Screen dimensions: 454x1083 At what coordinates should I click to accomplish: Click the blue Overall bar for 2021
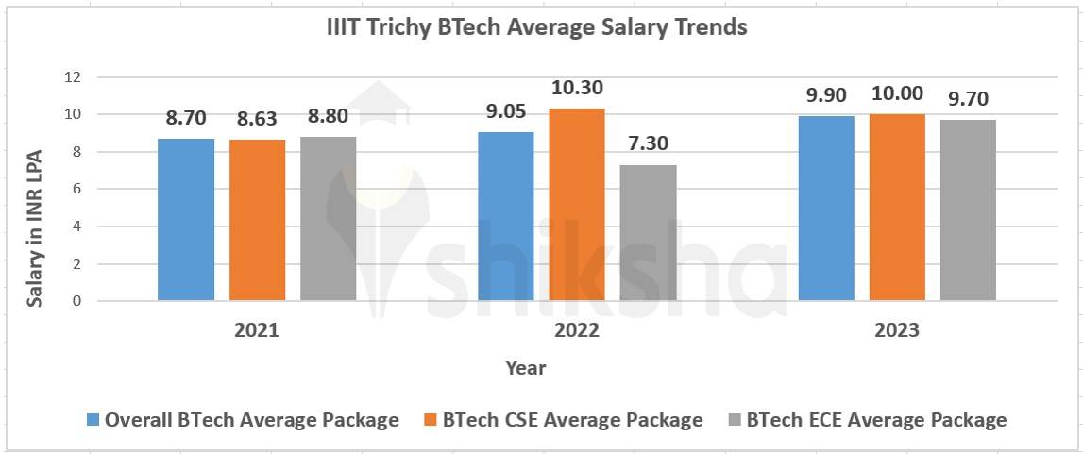[x=186, y=220]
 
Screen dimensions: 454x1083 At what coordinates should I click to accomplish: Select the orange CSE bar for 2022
[x=577, y=205]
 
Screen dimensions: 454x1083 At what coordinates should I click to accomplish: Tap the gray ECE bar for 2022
[x=648, y=233]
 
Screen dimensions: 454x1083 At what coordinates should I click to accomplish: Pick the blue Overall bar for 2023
[x=826, y=209]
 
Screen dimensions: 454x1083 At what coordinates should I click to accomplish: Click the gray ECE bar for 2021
[x=329, y=219]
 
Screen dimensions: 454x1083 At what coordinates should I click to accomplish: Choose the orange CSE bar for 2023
[x=897, y=208]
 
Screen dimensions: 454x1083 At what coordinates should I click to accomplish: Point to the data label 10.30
[x=576, y=88]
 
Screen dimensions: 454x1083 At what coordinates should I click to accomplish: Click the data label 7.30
[x=649, y=144]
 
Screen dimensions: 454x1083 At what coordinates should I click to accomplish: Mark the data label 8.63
[x=258, y=119]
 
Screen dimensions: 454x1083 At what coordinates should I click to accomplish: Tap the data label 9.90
[x=826, y=95]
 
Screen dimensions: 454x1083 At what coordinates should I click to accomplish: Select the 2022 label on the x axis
[x=577, y=331]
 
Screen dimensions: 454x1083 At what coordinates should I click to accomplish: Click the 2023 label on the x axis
[x=897, y=331]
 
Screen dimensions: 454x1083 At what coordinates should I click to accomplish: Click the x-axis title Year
[x=525, y=367]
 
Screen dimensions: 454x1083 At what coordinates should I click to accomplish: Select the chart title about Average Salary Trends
[x=536, y=27]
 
